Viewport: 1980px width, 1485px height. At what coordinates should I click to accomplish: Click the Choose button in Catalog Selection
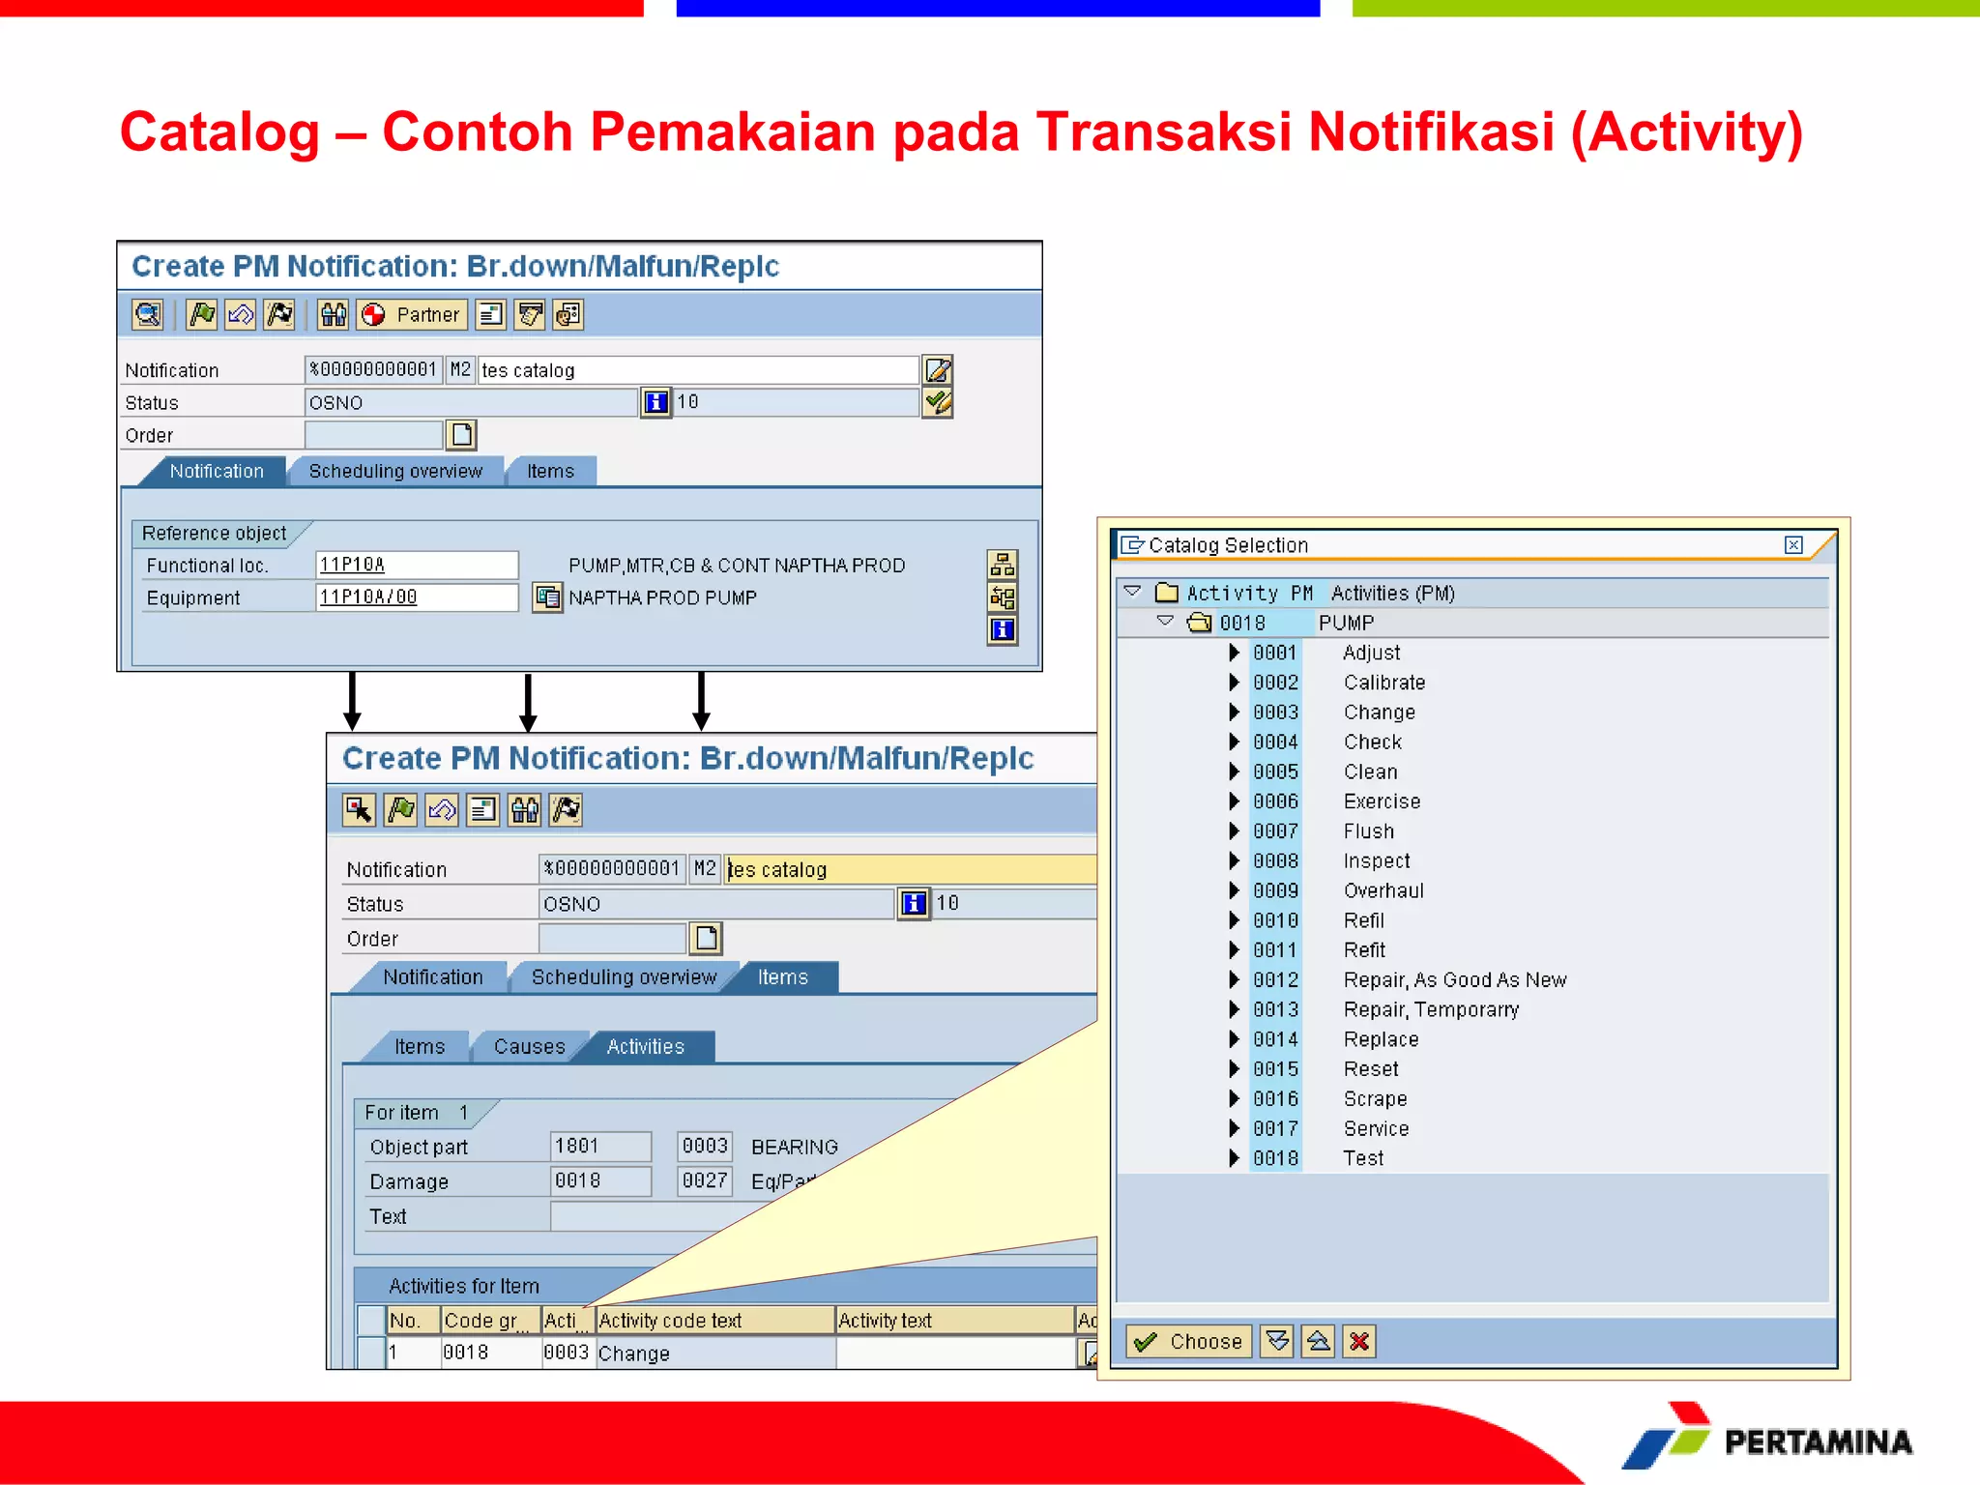(1189, 1341)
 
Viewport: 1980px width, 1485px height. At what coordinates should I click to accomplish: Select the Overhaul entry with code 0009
(1383, 890)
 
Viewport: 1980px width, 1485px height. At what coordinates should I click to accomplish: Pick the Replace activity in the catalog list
(1381, 1039)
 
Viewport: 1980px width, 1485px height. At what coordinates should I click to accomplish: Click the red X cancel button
(1358, 1341)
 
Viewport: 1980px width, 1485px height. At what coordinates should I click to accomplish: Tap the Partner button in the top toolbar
(413, 314)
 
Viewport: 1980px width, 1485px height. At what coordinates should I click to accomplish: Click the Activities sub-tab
(645, 1046)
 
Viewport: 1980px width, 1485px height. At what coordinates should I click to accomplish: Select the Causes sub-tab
(529, 1046)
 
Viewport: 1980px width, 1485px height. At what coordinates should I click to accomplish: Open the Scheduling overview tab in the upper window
(395, 471)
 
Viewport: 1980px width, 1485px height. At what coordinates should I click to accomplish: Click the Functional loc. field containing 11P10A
(416, 565)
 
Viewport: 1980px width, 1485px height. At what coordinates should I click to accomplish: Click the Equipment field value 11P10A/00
(416, 597)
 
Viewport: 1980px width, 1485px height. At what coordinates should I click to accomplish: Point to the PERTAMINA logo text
(1818, 1441)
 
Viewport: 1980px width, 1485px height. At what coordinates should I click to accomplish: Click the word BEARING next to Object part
(794, 1147)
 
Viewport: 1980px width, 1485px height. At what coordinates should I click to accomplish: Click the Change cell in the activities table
(634, 1354)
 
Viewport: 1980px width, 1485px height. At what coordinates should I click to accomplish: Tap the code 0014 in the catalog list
(1275, 1039)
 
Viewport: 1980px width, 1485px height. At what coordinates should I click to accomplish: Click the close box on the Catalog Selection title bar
(1793, 545)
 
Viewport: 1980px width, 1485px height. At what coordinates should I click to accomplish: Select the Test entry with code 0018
(1363, 1158)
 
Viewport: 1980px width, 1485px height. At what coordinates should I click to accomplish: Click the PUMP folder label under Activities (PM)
(1346, 623)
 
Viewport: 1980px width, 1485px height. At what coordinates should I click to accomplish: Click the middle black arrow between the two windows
(527, 702)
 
